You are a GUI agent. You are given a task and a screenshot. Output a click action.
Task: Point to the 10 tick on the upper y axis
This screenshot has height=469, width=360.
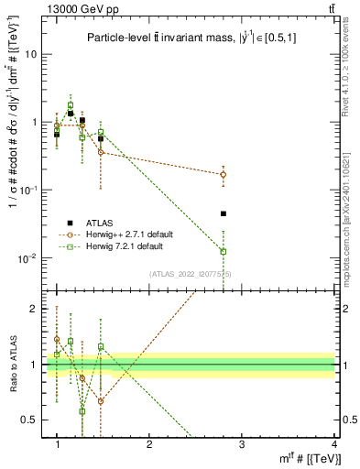coord(33,54)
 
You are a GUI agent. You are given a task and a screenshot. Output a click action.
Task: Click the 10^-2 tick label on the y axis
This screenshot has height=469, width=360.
coord(27,257)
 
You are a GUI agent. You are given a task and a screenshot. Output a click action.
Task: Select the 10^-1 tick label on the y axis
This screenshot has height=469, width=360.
coord(27,190)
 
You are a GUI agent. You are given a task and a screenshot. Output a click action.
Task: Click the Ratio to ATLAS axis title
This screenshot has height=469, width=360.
coord(11,364)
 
